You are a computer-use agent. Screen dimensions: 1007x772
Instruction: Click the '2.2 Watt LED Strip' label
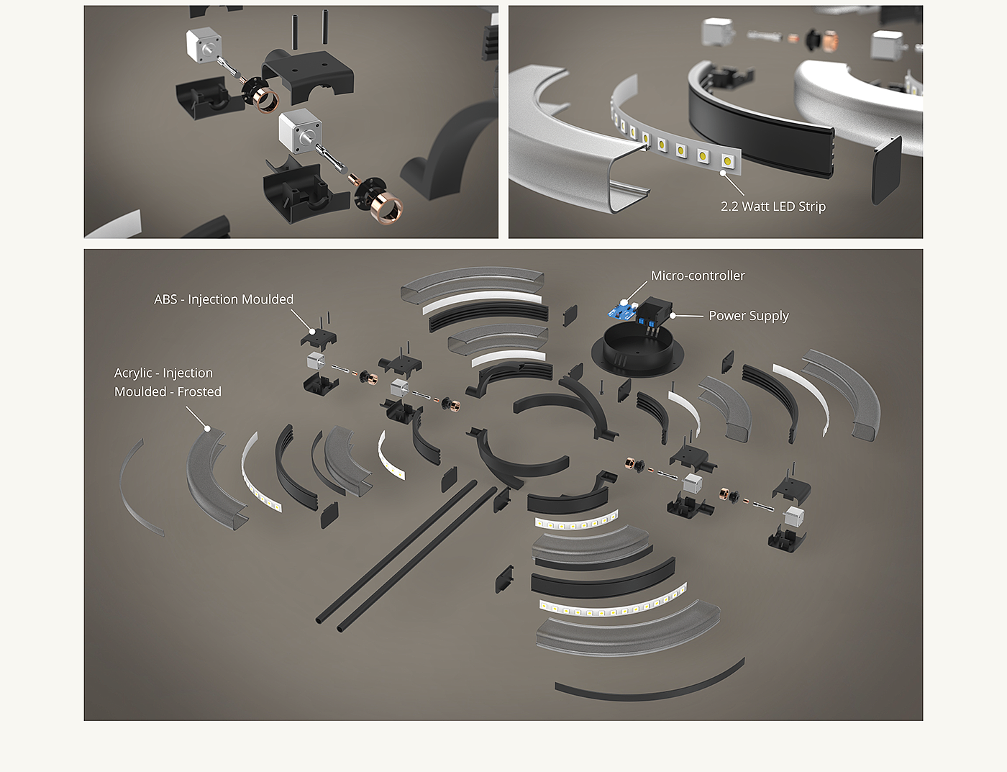coord(773,206)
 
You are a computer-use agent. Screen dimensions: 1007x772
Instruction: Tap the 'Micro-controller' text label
coord(698,276)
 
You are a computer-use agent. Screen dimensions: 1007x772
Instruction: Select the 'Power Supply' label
coord(749,316)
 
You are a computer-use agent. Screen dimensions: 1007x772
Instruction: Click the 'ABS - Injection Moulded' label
coord(224,299)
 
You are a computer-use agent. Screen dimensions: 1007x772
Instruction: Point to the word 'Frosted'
coord(199,392)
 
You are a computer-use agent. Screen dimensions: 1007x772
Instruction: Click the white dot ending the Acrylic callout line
coord(207,428)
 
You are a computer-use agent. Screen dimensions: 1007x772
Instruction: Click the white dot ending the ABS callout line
coord(312,331)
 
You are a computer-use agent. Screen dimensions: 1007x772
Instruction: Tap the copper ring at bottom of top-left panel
coord(386,208)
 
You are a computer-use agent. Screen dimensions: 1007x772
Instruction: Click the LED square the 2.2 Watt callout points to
coord(727,162)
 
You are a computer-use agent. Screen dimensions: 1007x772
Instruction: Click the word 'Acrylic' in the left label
coord(133,373)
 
